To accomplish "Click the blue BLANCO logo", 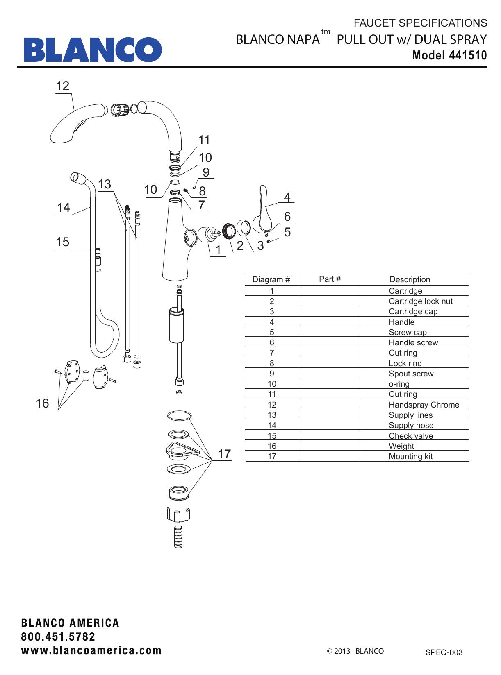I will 93,50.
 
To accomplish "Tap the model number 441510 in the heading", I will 468,55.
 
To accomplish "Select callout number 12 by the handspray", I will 63,86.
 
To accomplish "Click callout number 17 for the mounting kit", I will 224,454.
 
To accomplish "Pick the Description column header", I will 410,280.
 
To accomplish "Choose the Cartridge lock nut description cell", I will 420,301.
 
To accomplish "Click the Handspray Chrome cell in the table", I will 424,405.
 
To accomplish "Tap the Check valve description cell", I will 410,436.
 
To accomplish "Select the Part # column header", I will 330,279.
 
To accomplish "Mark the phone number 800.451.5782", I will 58,637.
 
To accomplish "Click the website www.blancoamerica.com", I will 91,650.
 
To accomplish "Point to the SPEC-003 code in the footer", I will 444,652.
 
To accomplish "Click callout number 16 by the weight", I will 42,403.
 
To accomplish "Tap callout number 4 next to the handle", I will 287,197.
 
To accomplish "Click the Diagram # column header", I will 271,280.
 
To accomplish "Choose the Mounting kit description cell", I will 410,456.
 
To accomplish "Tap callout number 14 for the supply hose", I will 63,208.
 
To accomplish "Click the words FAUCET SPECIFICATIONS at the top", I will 420,23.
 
